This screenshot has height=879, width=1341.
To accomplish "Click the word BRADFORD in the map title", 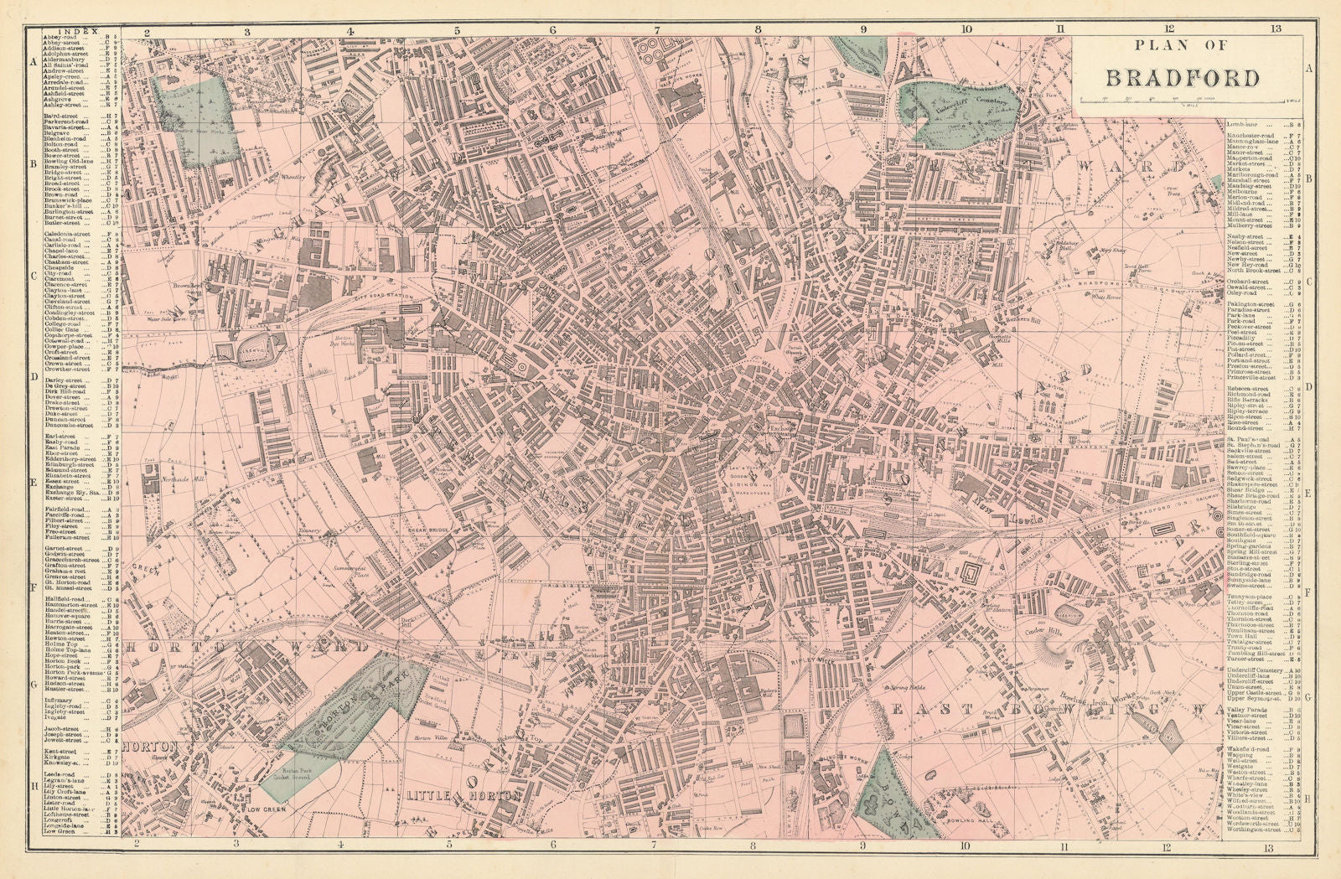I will tap(1183, 78).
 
